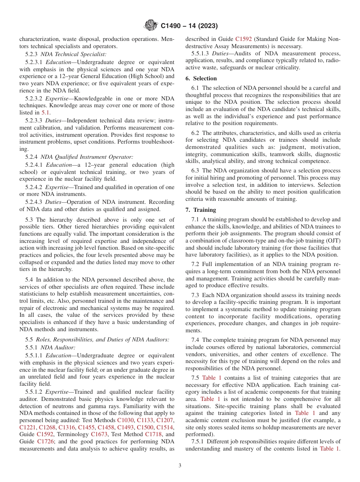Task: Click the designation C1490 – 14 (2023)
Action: pos(189,26)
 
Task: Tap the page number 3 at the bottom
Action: pos(180,466)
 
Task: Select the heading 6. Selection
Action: pos(201,78)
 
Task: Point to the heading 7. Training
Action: pos(200,210)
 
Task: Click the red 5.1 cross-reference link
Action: pos(45,113)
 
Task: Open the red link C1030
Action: pos(125,420)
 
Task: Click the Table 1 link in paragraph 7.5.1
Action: pos(329,449)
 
